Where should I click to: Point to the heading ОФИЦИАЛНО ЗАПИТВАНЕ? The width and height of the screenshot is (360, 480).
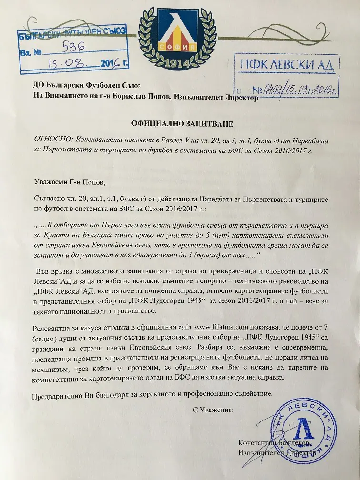(182, 124)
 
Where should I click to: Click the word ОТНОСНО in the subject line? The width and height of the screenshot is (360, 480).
(50, 141)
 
